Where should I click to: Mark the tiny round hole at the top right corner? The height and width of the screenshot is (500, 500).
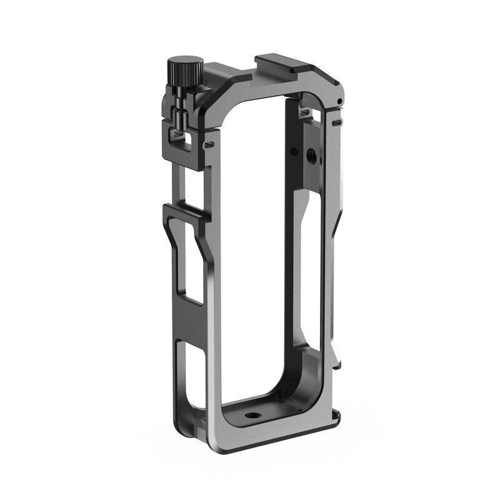point(337,102)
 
